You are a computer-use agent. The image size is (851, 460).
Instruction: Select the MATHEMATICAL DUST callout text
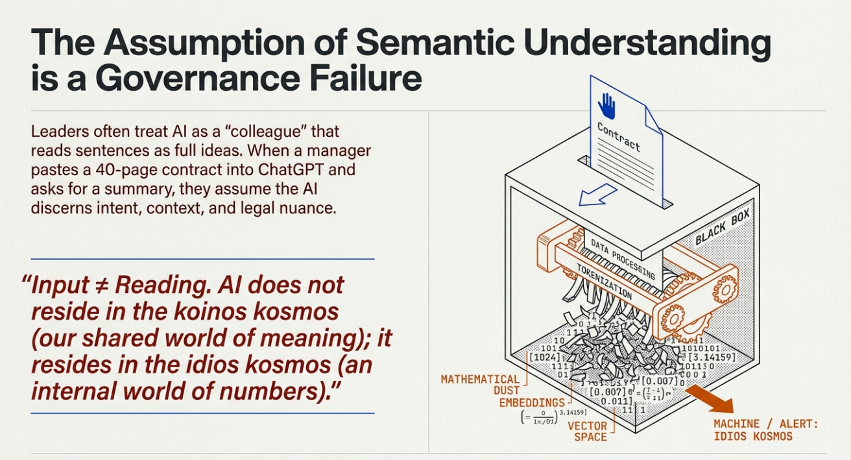coord(481,385)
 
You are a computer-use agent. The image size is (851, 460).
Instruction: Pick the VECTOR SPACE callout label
coord(587,431)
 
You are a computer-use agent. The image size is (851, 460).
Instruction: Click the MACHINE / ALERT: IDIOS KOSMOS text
coord(766,430)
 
